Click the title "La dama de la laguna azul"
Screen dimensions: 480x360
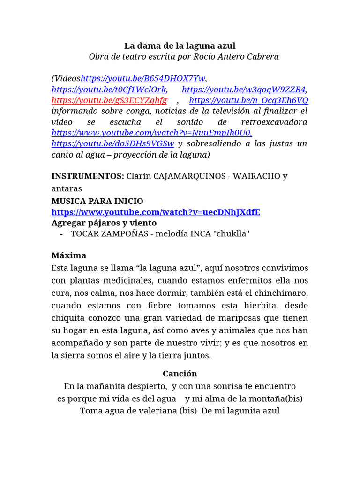[180, 45]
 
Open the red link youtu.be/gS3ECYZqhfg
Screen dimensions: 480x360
[109, 100]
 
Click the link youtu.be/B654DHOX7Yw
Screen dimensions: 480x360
[143, 78]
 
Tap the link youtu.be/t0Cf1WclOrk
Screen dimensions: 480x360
[109, 90]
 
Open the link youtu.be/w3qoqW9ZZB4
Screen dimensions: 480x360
[244, 90]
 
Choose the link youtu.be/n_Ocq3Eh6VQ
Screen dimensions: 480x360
[248, 100]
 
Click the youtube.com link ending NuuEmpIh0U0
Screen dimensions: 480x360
[151, 133]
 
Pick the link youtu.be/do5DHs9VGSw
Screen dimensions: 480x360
[112, 143]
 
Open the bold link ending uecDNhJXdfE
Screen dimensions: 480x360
[156, 212]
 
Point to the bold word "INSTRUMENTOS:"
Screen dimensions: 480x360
[88, 176]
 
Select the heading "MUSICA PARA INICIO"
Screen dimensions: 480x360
[97, 201]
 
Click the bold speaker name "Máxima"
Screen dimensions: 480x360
[69, 256]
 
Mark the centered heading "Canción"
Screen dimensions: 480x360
[180, 374]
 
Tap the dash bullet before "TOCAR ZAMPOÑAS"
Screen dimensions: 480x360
[62, 234]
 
